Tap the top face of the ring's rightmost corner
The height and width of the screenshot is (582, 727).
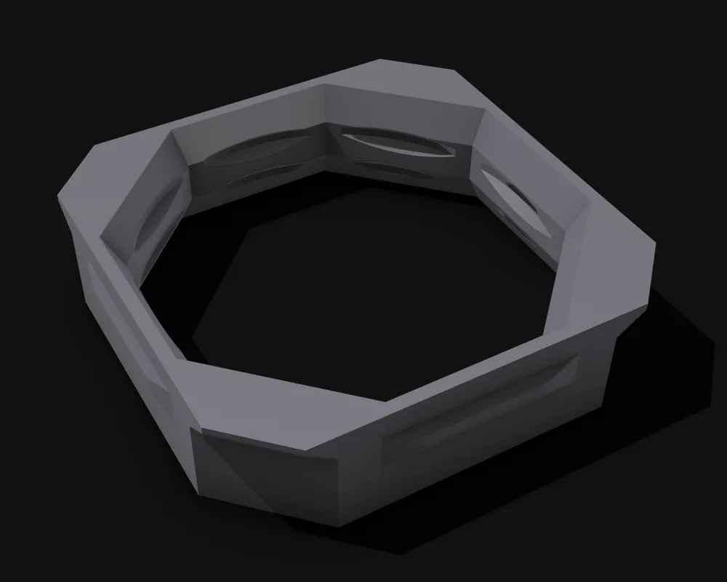click(x=618, y=269)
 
